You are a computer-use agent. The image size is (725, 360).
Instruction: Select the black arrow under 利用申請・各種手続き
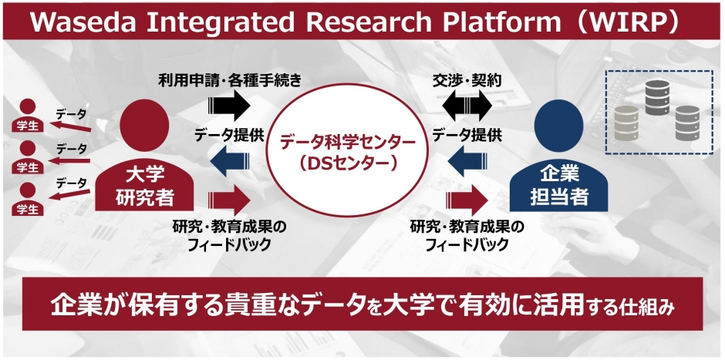[229, 103]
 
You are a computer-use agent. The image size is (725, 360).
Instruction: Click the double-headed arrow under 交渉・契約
[467, 103]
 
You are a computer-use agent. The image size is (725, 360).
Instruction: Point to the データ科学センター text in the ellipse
[347, 142]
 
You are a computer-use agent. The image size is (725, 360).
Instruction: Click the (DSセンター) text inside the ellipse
[347, 163]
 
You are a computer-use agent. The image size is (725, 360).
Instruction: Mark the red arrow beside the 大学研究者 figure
[229, 200]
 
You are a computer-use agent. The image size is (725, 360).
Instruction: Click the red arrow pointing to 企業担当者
[467, 200]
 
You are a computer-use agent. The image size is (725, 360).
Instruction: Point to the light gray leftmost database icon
[628, 118]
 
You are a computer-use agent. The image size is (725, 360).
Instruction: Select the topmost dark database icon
[657, 94]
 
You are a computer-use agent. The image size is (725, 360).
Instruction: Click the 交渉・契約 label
[467, 79]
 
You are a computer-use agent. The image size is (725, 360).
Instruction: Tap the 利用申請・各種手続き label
[229, 79]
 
